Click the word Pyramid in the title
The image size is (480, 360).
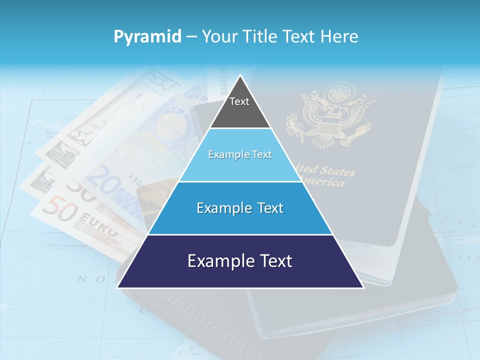[147, 36]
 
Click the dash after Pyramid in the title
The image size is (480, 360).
[191, 37]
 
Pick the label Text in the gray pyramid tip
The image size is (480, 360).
[239, 101]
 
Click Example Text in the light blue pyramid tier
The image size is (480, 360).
[240, 154]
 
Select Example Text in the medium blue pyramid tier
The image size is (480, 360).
[240, 208]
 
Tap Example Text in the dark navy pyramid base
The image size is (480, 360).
[240, 261]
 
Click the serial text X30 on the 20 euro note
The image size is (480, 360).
[134, 177]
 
